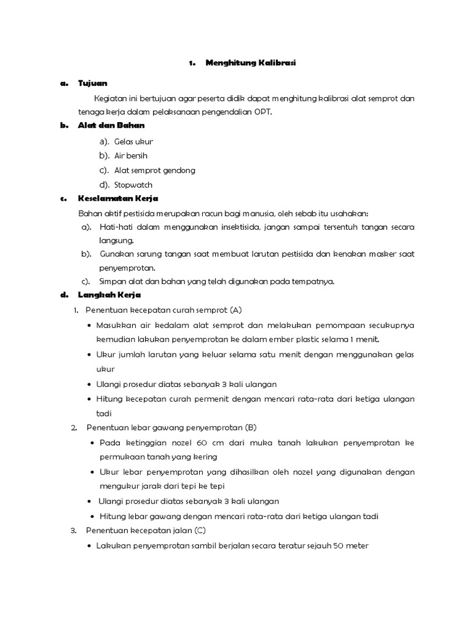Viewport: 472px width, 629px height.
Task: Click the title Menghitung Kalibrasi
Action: (x=250, y=63)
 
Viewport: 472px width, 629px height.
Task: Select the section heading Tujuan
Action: (x=93, y=83)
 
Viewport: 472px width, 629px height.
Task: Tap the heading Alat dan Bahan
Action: (x=111, y=125)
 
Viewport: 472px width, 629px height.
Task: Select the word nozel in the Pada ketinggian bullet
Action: (x=178, y=442)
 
